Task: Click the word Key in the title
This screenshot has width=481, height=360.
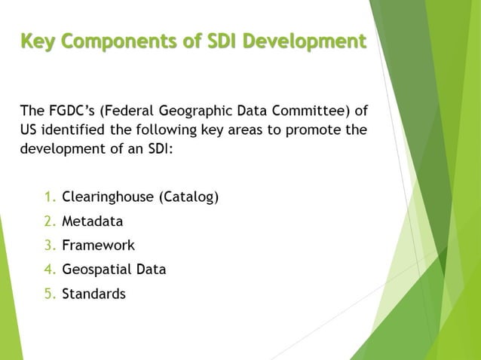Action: pos(37,40)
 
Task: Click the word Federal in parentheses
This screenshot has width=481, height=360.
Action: pos(134,111)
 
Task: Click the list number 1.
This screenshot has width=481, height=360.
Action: pos(50,198)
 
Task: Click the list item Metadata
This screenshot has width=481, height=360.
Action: pos(92,222)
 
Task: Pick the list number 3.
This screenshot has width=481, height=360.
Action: pos(50,246)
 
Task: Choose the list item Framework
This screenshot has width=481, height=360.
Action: pos(98,246)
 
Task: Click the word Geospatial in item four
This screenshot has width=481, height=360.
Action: pos(96,270)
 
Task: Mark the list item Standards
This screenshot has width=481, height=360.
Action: pos(93,294)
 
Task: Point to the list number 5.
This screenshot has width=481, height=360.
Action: pos(50,294)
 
